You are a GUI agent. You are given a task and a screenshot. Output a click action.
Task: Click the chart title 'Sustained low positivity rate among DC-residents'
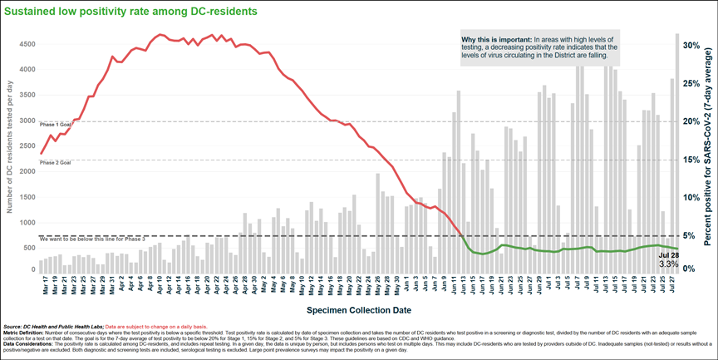[130, 11]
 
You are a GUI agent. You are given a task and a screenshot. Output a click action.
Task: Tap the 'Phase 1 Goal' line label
[55, 124]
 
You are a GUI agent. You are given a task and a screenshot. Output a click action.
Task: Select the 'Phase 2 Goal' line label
[55, 163]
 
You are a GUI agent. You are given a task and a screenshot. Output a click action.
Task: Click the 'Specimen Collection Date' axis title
[359, 309]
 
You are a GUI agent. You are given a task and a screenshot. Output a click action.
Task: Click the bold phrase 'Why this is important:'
[493, 39]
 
